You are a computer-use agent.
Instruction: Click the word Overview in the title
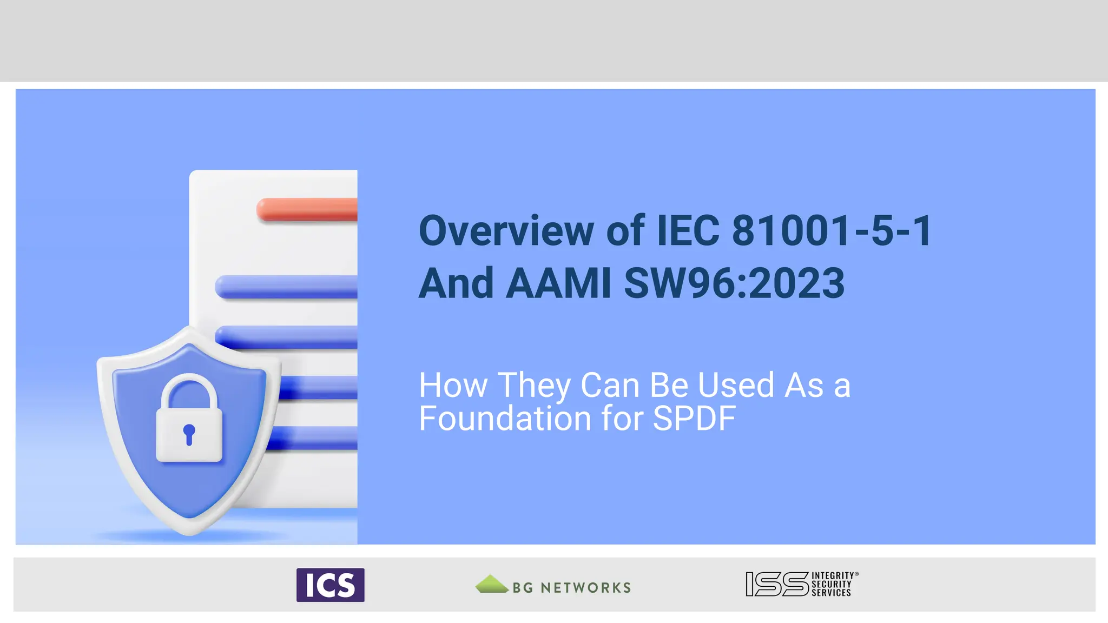(506, 231)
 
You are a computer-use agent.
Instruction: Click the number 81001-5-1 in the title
(832, 231)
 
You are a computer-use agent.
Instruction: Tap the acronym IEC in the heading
(688, 231)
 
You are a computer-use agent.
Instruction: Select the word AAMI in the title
(558, 283)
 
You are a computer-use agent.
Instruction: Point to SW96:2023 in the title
(734, 283)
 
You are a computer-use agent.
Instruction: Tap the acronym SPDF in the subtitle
(694, 418)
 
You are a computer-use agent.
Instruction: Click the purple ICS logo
(330, 585)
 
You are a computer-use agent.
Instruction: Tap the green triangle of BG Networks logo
(491, 584)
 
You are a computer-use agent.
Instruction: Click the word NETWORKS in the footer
(585, 588)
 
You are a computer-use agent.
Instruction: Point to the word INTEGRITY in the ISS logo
(833, 576)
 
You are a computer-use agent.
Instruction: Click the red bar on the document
(307, 209)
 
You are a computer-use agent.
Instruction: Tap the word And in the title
(456, 283)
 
